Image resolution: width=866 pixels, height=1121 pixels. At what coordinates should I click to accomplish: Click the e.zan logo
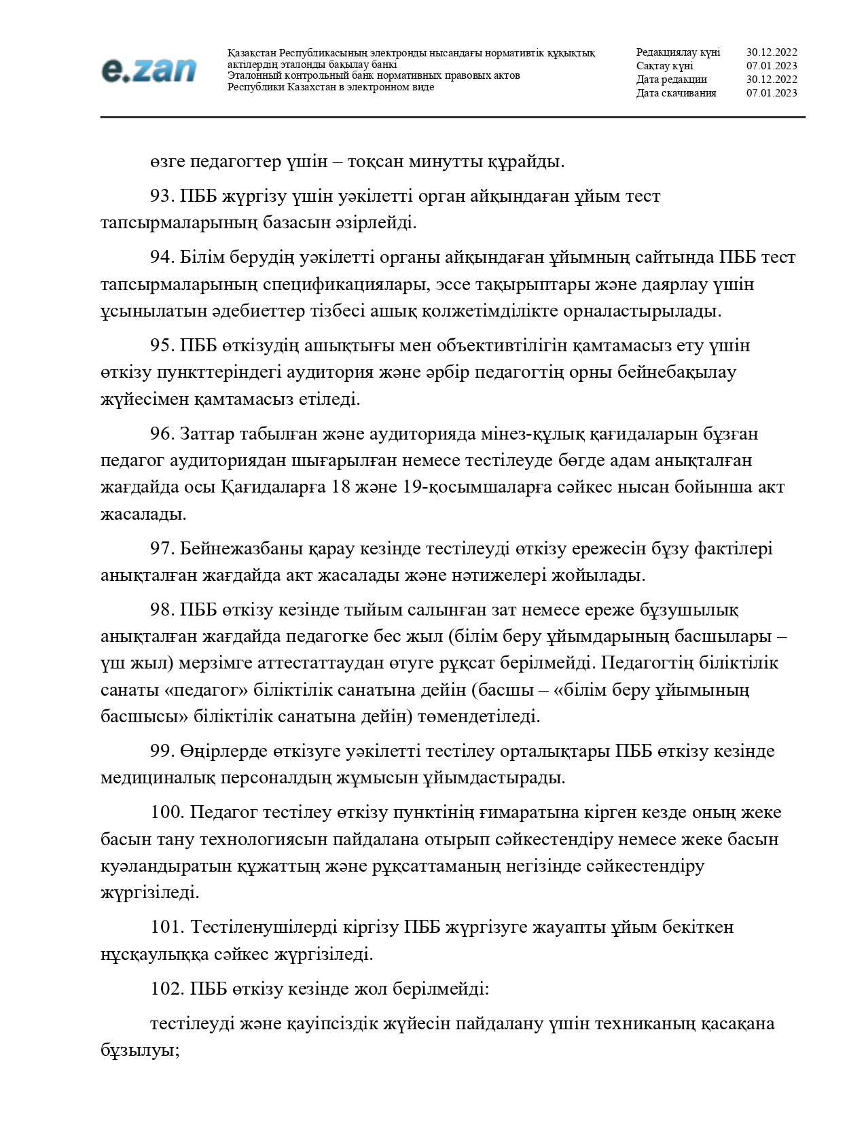pyautogui.click(x=149, y=71)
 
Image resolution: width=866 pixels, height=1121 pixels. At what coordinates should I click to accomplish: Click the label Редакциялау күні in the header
pyautogui.click(x=678, y=52)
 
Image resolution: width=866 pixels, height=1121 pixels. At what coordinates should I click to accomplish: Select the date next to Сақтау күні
pyautogui.click(x=772, y=66)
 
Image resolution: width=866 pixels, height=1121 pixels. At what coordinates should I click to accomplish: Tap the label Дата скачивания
pyautogui.click(x=676, y=93)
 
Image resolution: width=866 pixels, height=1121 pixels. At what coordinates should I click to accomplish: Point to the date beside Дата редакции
pyautogui.click(x=772, y=79)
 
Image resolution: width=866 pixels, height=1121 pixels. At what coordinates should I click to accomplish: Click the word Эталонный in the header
pyautogui.click(x=253, y=76)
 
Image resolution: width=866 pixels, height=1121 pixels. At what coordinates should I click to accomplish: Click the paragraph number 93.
pyautogui.click(x=162, y=196)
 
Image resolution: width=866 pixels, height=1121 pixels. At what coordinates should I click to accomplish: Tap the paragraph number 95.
pyautogui.click(x=162, y=345)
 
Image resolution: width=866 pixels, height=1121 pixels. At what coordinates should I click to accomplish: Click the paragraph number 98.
pyautogui.click(x=162, y=609)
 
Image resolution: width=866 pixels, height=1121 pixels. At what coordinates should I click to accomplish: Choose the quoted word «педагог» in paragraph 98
pyautogui.click(x=206, y=690)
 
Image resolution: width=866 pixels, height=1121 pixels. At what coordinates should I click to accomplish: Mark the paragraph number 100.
pyautogui.click(x=167, y=812)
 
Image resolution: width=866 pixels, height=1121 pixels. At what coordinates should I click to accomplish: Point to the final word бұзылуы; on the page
pyautogui.click(x=139, y=1050)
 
